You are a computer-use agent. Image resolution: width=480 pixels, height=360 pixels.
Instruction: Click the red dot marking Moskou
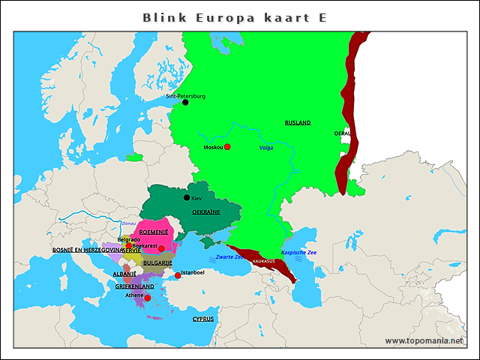coord(227,147)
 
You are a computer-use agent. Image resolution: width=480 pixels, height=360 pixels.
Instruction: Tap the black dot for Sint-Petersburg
coord(185,103)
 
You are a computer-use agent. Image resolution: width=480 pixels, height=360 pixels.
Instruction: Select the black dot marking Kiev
coord(187,198)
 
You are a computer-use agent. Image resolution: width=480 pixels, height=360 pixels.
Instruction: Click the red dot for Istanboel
coord(178,276)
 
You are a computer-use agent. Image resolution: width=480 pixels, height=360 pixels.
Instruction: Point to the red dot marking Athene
coord(148,298)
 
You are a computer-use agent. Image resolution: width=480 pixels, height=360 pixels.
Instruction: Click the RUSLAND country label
coord(297,122)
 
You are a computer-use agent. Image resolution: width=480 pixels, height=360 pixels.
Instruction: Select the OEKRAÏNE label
coord(206,212)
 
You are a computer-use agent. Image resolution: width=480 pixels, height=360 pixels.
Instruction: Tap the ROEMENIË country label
coord(154,232)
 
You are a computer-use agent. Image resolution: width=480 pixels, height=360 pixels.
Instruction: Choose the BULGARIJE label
coord(157,263)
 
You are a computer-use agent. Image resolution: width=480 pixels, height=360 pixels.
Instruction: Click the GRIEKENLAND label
coord(135,286)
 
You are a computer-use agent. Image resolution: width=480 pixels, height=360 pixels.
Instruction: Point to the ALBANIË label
coord(124,274)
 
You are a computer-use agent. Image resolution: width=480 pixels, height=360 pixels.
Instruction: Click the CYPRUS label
coord(203,319)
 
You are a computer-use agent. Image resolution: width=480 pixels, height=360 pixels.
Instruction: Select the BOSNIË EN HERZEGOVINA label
coord(77,250)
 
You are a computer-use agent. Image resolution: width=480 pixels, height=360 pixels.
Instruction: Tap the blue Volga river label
coord(266,148)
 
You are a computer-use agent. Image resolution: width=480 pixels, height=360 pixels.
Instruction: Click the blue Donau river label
coord(129,223)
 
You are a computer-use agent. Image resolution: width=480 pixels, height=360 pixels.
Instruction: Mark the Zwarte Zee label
coord(229,257)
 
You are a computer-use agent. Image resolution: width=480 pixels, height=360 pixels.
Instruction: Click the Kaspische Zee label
coord(298,253)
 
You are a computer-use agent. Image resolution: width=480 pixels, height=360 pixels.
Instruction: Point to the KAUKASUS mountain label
coord(264,261)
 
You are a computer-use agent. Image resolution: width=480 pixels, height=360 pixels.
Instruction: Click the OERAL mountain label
coord(342,133)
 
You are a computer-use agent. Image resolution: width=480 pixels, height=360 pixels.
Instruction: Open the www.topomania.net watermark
coord(424,340)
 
